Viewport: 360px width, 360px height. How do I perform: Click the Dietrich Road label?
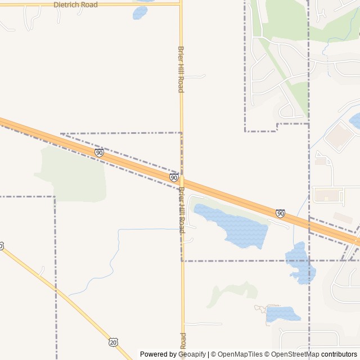point(75,4)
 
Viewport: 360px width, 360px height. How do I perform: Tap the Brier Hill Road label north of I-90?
point(181,69)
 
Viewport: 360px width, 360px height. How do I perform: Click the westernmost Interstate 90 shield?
point(99,152)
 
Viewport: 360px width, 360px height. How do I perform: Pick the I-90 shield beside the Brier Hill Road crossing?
point(174,178)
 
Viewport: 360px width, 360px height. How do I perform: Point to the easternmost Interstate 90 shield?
point(280,213)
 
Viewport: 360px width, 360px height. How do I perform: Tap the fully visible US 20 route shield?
point(114,342)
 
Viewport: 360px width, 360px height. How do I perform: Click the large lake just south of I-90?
point(233,225)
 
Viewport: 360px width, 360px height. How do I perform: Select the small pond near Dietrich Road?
point(140,12)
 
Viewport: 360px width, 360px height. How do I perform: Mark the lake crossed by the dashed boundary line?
point(299,263)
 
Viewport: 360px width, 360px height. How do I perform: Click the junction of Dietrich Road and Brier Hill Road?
point(181,4)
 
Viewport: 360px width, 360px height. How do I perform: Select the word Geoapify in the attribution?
point(192,354)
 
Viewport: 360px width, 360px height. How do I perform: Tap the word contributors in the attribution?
point(339,354)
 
